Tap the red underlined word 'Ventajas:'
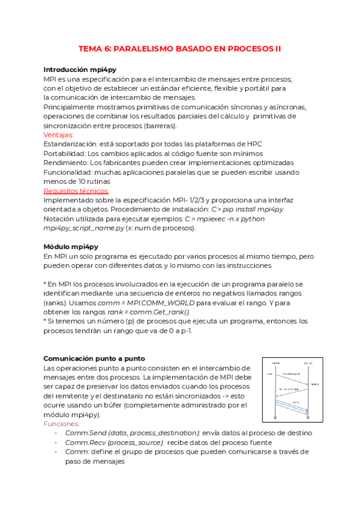coord(58,135)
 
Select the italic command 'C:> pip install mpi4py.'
coord(248,209)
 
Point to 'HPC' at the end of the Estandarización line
coord(255,144)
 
